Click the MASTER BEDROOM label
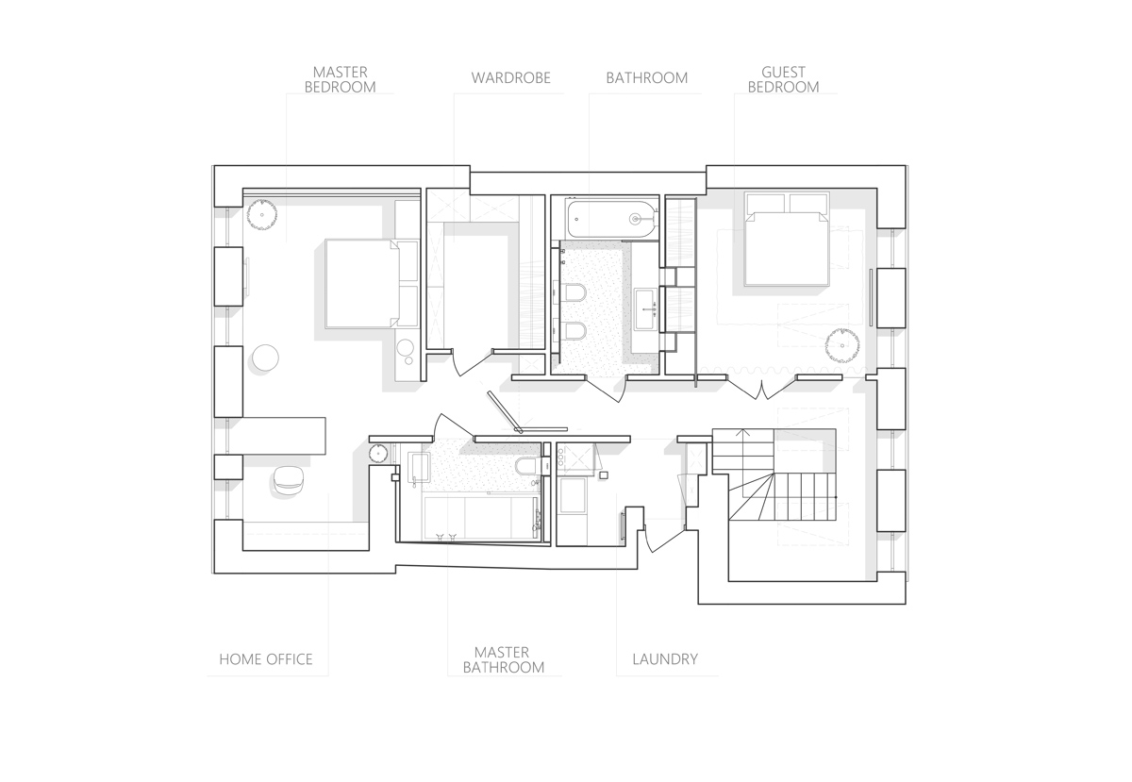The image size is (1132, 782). pos(340,80)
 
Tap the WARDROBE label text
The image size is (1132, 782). pos(511,78)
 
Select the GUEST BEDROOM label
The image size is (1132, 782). pos(783,80)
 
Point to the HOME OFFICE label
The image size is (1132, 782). pos(266,659)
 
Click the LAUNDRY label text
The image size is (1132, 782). pos(665,659)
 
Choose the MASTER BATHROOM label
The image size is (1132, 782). pos(504,659)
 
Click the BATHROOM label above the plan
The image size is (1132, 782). pos(647,78)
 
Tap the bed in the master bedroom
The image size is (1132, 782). pos(372,284)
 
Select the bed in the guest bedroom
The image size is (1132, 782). pos(787,239)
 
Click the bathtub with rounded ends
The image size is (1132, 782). pos(612,220)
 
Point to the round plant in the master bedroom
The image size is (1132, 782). pos(262,214)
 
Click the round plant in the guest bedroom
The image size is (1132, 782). pos(841,345)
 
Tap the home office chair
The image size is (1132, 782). pos(289,479)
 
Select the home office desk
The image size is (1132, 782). pos(284,436)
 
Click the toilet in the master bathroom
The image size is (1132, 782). pos(528,466)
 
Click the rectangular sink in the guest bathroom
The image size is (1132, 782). pos(647,309)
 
